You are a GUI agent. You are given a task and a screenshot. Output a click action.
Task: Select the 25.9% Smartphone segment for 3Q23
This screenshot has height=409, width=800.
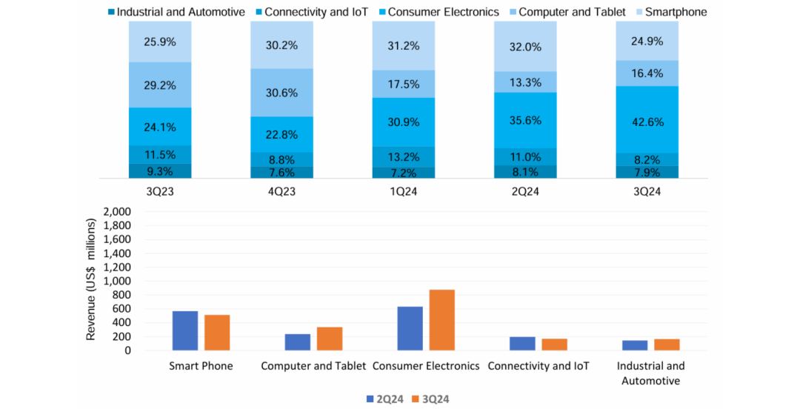pos(160,42)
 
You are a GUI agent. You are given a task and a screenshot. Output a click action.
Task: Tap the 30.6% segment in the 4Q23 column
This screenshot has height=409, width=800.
pos(281,93)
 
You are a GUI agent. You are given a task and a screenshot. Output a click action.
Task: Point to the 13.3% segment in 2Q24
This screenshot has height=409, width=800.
pos(525,82)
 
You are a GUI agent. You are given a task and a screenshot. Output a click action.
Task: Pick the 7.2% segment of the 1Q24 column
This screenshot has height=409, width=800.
pos(403,173)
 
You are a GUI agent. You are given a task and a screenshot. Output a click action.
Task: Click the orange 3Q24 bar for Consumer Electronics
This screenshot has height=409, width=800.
pos(442,319)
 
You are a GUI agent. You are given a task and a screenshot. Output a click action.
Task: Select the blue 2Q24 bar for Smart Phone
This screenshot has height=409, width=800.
pos(185,330)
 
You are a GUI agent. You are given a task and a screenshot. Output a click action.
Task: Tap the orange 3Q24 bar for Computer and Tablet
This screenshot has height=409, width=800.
pos(330,338)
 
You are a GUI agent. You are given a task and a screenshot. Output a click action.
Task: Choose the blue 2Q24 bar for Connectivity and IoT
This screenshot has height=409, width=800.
pos(522,343)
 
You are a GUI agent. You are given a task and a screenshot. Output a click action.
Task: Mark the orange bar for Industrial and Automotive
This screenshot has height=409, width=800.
pos(667,344)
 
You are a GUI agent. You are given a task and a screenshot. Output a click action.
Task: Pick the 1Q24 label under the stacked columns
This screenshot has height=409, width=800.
pos(404,191)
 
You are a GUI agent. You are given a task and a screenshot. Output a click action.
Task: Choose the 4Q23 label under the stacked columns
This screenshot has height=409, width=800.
pos(281,191)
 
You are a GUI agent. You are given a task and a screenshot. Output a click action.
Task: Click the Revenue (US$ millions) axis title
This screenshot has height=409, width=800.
pos(92,279)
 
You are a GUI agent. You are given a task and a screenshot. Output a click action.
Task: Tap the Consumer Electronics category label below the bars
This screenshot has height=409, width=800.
pos(426,366)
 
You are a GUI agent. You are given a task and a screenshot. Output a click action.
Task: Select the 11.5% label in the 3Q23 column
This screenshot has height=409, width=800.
pos(160,155)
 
